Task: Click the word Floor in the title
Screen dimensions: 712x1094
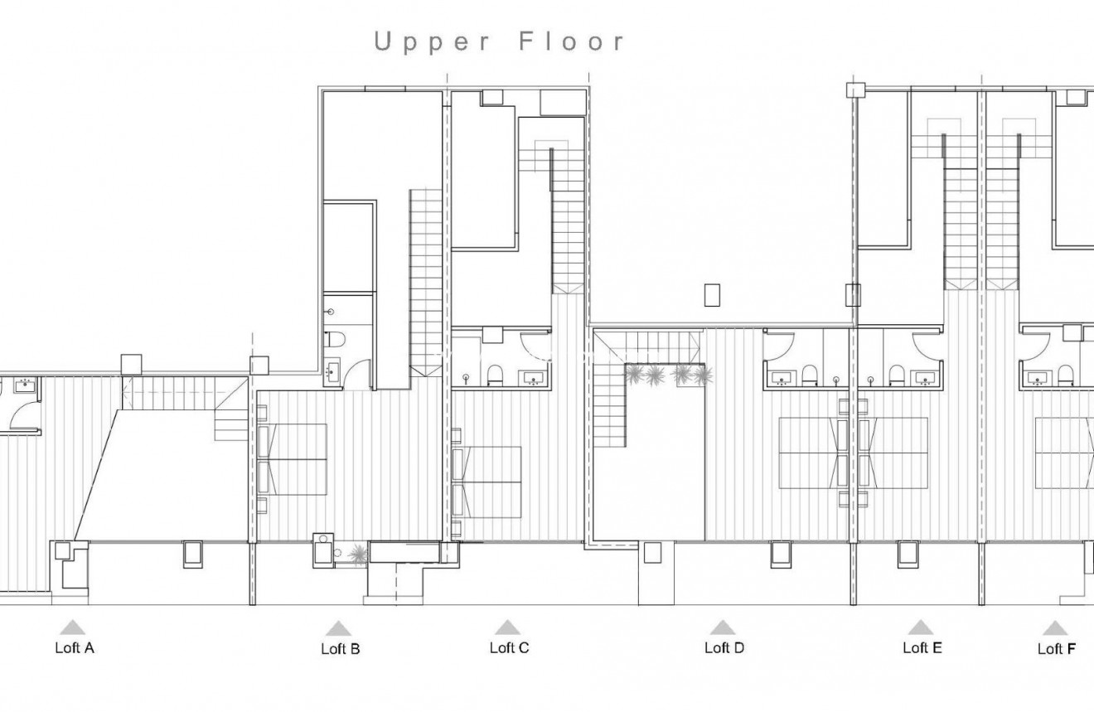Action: tap(572, 42)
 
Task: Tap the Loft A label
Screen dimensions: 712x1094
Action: tap(75, 648)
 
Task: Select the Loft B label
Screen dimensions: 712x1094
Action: tap(340, 649)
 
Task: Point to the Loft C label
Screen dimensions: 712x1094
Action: tap(509, 648)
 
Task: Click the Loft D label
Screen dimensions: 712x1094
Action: tap(724, 648)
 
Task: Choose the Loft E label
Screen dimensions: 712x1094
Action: tap(922, 648)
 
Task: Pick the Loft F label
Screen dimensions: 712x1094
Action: tap(1057, 649)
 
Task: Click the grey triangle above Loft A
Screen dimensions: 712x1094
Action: tap(73, 627)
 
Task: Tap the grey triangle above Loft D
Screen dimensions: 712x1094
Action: tap(723, 627)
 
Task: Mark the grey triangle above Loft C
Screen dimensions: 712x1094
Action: tap(507, 627)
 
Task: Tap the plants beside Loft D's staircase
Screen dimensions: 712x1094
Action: tap(668, 375)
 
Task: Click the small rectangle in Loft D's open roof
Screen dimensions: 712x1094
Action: tap(712, 294)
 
